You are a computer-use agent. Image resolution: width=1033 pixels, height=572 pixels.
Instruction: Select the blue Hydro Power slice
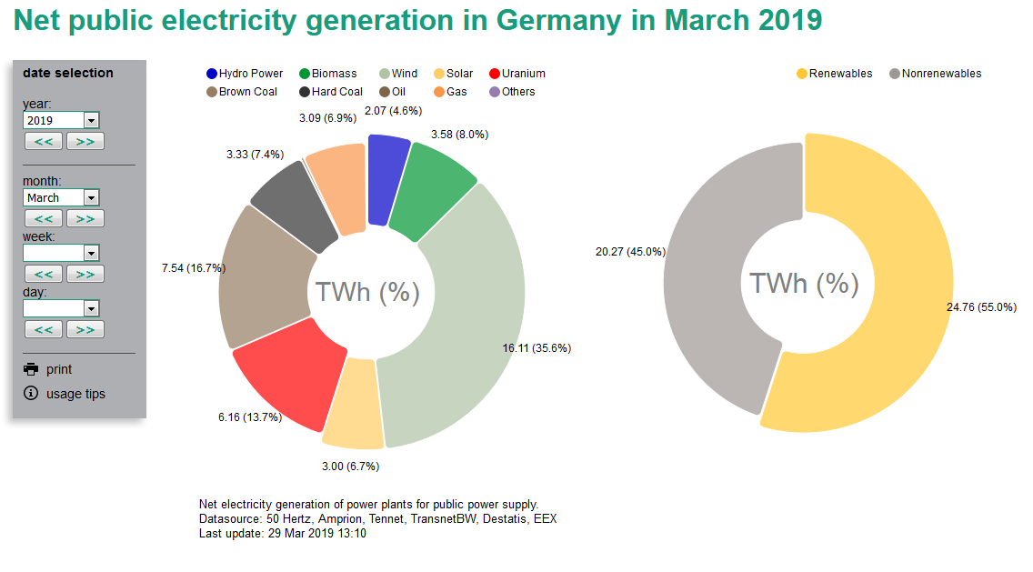pos(387,178)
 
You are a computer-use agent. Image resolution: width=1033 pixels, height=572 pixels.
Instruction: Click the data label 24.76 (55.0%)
pos(981,307)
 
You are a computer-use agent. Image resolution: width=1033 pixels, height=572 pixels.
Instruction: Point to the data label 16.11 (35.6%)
pos(537,348)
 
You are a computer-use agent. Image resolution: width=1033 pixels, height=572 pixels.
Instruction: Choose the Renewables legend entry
pos(834,74)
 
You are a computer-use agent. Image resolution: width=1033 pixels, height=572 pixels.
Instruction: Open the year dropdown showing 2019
pos(61,120)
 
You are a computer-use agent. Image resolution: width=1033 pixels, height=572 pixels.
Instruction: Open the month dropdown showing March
pos(61,197)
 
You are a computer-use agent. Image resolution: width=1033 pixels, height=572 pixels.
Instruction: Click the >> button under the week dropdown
pos(85,274)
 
